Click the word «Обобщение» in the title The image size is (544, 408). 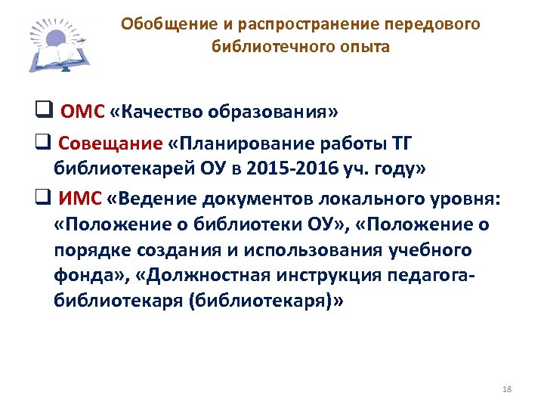pyautogui.click(x=156, y=25)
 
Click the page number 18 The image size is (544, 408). pyautogui.click(x=506, y=388)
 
